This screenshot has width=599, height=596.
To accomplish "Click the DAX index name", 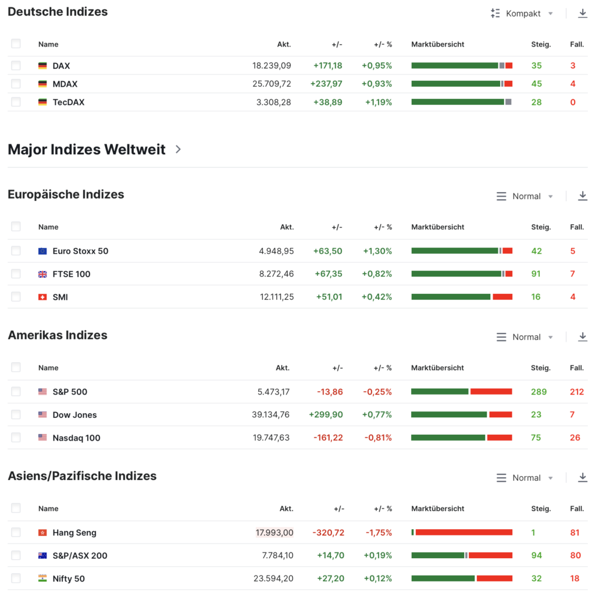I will [x=61, y=66].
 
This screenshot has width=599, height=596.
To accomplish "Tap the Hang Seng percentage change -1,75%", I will [x=379, y=533].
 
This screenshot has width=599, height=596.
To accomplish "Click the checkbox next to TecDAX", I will [x=16, y=102].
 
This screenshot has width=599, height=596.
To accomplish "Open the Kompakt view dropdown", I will [x=522, y=13].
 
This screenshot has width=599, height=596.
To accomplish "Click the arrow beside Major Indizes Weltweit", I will [x=178, y=150].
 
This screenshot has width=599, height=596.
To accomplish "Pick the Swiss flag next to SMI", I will [x=42, y=297].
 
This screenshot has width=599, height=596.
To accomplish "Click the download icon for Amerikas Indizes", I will [x=582, y=337].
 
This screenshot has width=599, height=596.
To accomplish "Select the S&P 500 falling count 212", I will [x=576, y=392].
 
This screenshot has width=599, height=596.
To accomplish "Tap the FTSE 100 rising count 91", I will [x=536, y=274].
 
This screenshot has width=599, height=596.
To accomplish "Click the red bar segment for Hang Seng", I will [x=463, y=533].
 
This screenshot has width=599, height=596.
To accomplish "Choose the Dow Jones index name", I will [x=74, y=415].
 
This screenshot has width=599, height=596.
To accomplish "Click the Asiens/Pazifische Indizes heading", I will [x=82, y=476].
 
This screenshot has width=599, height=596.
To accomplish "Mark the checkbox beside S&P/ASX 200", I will [x=16, y=555].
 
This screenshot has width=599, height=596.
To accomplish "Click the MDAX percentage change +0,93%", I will [x=376, y=84].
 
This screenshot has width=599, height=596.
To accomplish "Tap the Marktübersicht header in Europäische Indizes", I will [x=437, y=227].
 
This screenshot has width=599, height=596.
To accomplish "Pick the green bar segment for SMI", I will [x=451, y=297].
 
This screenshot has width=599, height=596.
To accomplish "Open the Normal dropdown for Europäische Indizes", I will [x=525, y=196].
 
